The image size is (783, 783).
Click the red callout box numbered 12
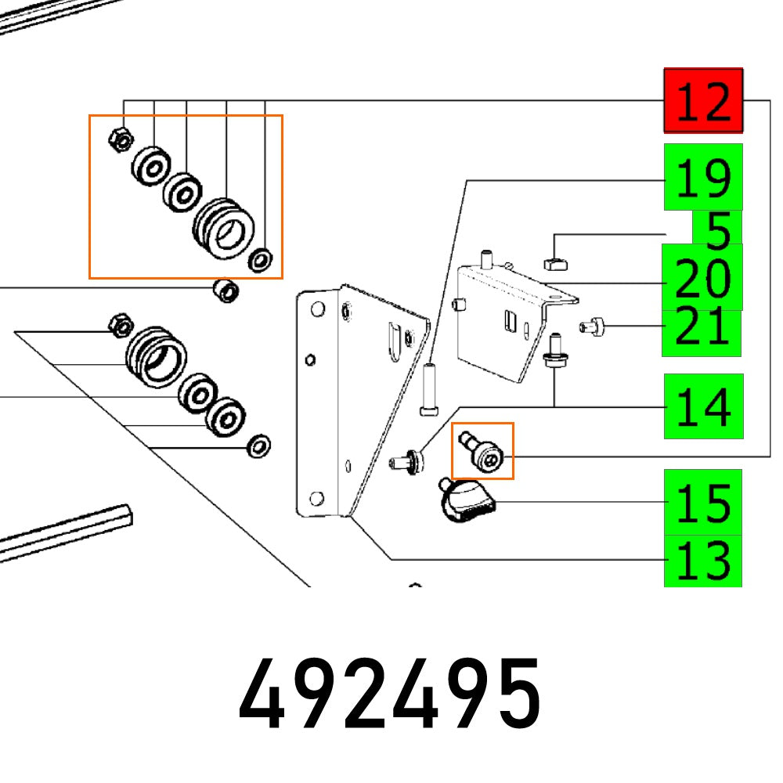tap(703, 99)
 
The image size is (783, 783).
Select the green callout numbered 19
tap(703, 177)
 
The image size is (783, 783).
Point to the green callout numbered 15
tap(703, 502)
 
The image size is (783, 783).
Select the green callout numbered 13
tap(703, 561)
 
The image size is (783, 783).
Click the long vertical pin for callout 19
tap(429, 388)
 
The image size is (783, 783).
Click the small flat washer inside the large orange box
tap(259, 258)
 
